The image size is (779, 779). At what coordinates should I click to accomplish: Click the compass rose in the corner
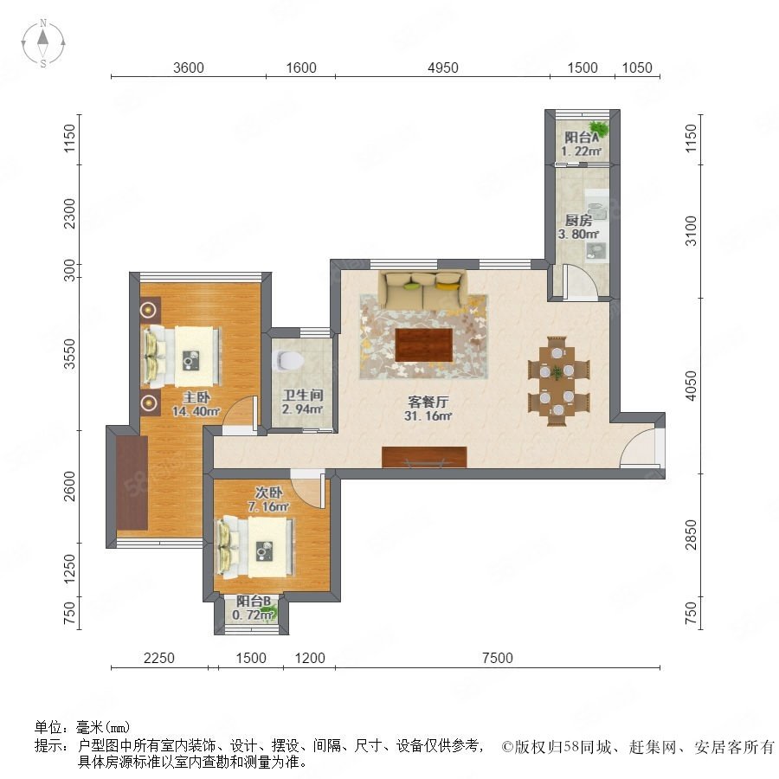coord(43,43)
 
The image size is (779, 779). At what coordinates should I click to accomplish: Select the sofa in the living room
coord(423,289)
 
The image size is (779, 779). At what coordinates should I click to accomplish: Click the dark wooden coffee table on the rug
coord(424,344)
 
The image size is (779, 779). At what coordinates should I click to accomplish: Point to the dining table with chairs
coord(558,381)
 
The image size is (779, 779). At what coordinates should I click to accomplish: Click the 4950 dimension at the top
coord(442,68)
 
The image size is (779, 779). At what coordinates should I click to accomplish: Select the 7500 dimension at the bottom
coord(498,658)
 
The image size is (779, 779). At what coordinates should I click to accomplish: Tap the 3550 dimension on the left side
coord(70,354)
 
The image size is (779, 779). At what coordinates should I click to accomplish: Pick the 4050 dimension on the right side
coord(691,385)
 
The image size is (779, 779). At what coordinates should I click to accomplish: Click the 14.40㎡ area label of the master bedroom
coord(196,411)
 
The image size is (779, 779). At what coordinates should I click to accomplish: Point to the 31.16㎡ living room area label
coord(428,415)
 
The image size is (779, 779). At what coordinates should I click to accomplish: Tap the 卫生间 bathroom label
coord(303,396)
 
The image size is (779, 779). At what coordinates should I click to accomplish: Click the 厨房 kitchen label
coord(579,220)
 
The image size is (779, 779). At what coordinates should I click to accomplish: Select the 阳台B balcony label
coord(254,602)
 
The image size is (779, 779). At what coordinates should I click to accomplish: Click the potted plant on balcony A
coord(598,129)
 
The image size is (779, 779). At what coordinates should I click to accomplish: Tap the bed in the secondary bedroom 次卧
coord(254,547)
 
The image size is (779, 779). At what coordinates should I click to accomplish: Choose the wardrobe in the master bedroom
coord(132,483)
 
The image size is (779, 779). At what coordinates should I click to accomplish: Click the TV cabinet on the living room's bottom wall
coord(424,457)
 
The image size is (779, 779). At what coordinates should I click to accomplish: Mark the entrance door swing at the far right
coord(639,447)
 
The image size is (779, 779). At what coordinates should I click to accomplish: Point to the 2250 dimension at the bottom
coord(159,658)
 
